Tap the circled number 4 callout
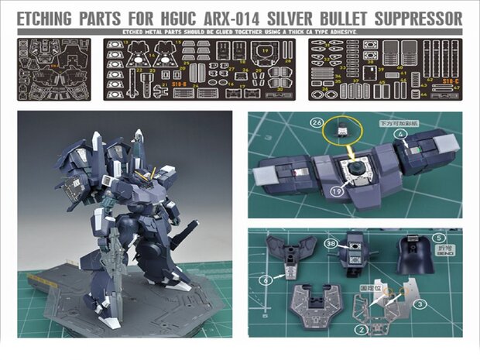pyautogui.click(x=444, y=132)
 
